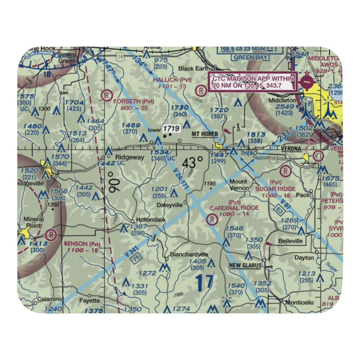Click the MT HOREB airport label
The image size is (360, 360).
(x=205, y=134)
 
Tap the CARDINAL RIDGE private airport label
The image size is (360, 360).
(x=234, y=208)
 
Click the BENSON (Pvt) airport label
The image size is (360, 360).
(x=82, y=244)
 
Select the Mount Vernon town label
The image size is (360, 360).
(x=238, y=185)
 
